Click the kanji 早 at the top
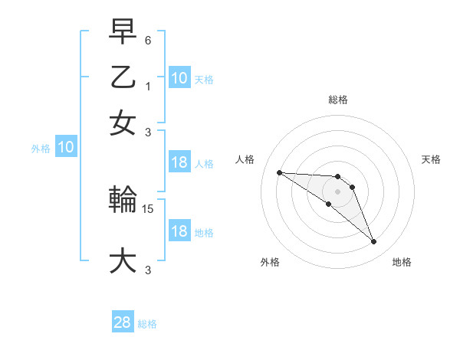click(123, 32)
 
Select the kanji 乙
click(123, 77)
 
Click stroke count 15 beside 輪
click(149, 208)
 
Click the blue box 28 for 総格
click(123, 322)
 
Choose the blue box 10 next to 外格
click(66, 148)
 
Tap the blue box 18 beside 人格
click(179, 162)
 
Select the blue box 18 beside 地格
click(179, 231)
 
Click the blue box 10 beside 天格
click(179, 78)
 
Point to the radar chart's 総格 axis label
click(337, 100)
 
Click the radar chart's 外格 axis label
click(270, 262)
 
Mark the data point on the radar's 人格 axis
click(279, 172)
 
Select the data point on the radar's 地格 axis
click(373, 242)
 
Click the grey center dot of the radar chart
click(337, 191)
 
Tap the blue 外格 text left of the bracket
click(41, 149)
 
